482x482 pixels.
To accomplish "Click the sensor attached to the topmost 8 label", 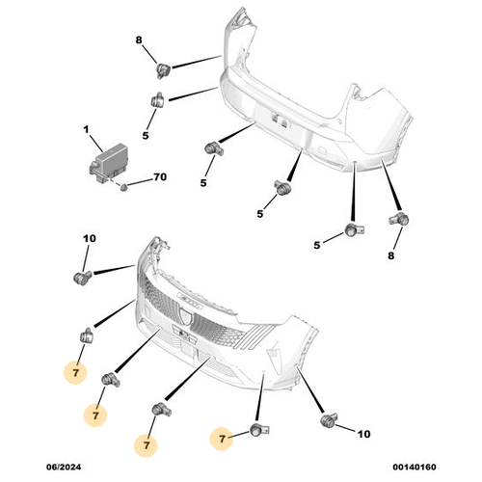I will coord(163,67).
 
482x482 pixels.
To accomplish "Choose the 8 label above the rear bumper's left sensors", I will coord(139,40).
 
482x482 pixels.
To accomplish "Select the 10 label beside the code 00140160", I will coord(363,435).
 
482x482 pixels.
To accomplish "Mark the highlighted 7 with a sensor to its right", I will coord(223,439).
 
